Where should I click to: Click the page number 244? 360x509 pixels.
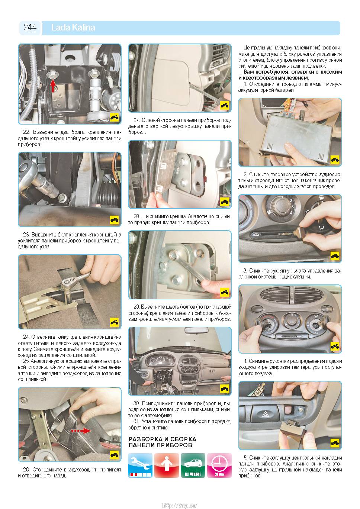click(x=30, y=27)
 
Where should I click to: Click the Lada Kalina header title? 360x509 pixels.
click(x=73, y=28)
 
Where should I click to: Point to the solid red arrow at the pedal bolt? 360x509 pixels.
click(x=53, y=85)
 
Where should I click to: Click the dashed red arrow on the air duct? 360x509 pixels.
click(x=81, y=431)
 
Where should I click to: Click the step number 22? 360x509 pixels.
click(x=26, y=132)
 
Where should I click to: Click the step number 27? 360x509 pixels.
click(x=136, y=120)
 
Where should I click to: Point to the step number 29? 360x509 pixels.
click(x=136, y=307)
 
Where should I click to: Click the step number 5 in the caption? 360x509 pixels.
click(x=245, y=458)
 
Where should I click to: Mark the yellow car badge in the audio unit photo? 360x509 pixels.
click(x=335, y=159)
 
